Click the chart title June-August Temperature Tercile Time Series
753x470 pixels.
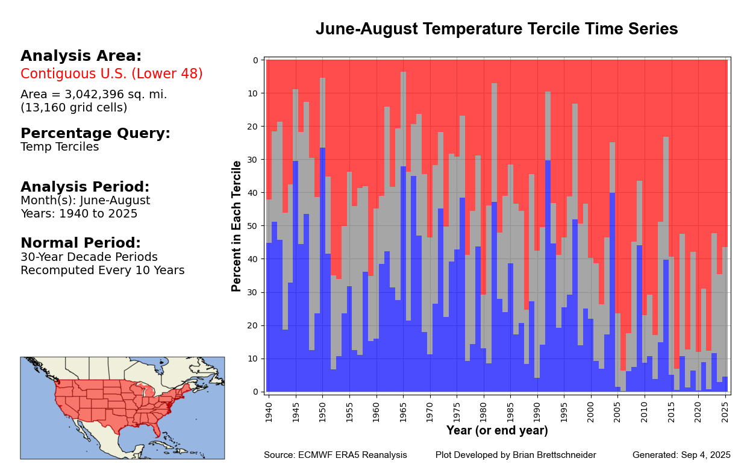tap(496, 29)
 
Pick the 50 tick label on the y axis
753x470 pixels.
tap(253, 226)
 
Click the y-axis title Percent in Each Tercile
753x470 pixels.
tap(237, 226)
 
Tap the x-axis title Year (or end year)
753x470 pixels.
tap(497, 431)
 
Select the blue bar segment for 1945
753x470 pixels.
tap(296, 277)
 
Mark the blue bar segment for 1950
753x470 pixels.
tap(322, 271)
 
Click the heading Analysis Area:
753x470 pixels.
tap(81, 56)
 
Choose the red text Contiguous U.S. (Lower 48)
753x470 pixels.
tap(111, 74)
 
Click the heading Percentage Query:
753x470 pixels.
tap(95, 134)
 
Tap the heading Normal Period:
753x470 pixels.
tap(80, 243)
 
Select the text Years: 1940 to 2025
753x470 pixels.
tap(79, 214)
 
